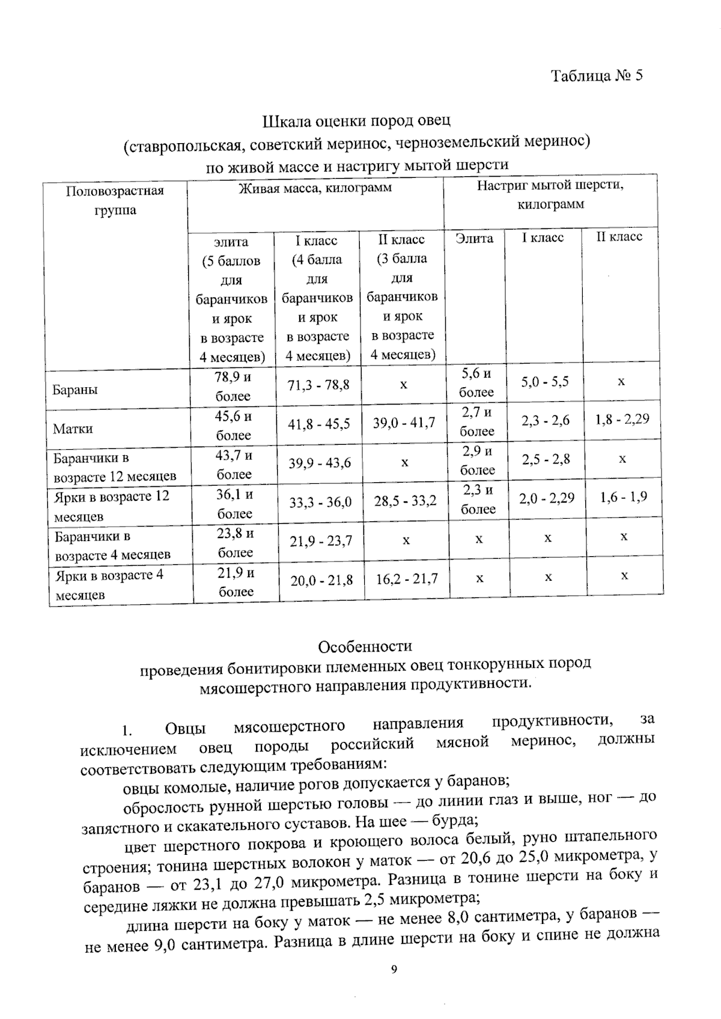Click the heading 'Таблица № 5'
coord(597,76)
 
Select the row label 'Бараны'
coord(75,390)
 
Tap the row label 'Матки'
coord(73,429)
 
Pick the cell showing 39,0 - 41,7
coord(404,423)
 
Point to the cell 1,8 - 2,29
coord(622,419)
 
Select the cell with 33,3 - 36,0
coord(320,502)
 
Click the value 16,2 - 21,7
coord(407,579)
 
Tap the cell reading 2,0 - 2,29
coord(547,498)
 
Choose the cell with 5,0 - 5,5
coord(545,382)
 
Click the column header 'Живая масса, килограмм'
coord(315,188)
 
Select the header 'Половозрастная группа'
coord(115,200)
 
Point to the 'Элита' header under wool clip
coord(474,238)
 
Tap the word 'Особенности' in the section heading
coord(365,647)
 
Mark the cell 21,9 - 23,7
coord(321,541)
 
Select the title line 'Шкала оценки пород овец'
coord(356,122)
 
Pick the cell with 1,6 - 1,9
coord(623,497)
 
